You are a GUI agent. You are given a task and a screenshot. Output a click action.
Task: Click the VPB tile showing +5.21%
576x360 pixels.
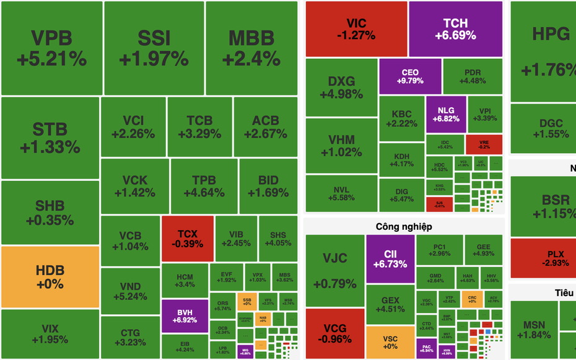51,48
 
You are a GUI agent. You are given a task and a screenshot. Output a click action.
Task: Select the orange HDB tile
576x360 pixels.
50,277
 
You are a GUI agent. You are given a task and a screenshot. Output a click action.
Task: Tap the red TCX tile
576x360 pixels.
187,239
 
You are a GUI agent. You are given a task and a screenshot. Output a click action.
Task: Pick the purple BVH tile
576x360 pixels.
184,316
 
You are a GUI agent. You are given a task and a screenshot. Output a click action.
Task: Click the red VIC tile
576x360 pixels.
356,29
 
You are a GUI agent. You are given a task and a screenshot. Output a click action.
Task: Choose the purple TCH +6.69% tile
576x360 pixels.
455,29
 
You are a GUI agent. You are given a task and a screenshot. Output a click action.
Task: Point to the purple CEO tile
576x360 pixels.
410,76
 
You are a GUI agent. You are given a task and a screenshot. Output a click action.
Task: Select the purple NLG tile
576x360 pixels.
445,114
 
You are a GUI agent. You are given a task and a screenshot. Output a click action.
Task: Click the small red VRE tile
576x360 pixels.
484,144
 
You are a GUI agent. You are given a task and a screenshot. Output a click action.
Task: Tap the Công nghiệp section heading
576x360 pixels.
404,227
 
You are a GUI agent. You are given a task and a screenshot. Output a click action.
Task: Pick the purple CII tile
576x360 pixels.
390,259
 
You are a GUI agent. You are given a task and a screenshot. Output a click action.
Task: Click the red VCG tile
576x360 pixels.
334,333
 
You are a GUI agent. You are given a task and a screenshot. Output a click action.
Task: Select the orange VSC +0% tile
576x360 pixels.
390,342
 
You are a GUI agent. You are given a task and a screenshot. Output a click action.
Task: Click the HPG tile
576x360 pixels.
543,50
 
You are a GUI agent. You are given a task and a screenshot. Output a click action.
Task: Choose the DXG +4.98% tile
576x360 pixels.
341,87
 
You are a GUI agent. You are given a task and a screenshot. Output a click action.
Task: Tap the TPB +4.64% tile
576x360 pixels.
204,186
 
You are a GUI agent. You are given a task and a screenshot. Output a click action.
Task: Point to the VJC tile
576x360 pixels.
334,270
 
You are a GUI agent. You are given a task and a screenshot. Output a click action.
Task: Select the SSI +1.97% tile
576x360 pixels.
154,48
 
